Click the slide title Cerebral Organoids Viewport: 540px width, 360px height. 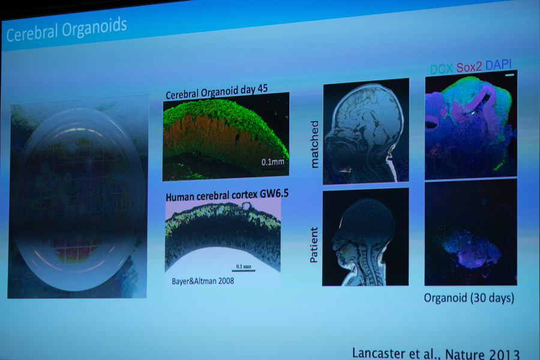[67, 29]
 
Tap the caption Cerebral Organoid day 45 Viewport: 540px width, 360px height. [217, 92]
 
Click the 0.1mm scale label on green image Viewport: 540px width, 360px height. [273, 161]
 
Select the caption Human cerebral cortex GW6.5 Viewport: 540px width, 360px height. [227, 196]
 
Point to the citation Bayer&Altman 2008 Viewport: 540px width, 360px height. [203, 281]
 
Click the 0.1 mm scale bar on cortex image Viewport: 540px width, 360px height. [244, 270]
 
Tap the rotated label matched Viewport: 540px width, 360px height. [314, 145]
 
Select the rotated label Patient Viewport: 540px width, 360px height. [314, 245]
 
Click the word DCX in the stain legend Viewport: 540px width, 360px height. [442, 69]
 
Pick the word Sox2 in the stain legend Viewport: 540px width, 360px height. [469, 67]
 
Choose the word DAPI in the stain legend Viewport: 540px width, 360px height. [499, 65]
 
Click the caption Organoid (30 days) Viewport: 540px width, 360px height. [469, 298]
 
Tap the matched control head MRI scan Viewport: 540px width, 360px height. [366, 131]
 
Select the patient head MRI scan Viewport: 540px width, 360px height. [365, 237]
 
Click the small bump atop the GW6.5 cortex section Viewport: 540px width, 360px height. [247, 206]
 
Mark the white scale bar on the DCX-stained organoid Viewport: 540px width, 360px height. [509, 74]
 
